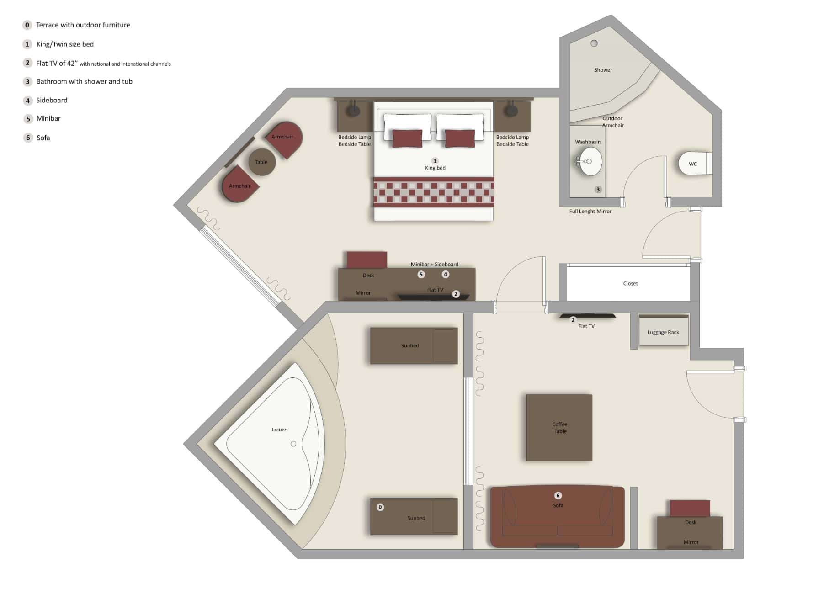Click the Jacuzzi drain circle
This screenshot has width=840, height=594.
coord(293,444)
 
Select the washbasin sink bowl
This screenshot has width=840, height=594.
coord(590,161)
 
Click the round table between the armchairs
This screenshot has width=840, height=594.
coord(261,162)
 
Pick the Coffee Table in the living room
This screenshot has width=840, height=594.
coord(559,427)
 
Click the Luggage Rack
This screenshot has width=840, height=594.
coord(663,332)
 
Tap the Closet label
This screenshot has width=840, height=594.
coord(630,283)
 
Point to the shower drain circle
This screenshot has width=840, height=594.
coord(594,43)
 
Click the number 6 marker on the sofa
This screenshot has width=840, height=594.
coord(558,495)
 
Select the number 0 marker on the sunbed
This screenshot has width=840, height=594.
coord(380,507)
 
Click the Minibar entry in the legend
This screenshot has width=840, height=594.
coord(48,118)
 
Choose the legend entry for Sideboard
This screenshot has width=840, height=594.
coord(52,100)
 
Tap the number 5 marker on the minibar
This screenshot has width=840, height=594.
coord(421,274)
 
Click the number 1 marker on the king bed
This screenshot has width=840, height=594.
coord(435,161)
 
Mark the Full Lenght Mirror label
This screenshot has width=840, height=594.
coord(590,211)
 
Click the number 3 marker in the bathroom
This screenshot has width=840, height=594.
coord(598,189)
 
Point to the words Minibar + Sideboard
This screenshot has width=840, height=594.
coord(434,264)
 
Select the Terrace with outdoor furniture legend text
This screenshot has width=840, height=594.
coord(83,25)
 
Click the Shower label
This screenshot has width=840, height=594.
coord(603,70)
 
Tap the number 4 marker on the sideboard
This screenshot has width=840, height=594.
coord(446,274)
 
